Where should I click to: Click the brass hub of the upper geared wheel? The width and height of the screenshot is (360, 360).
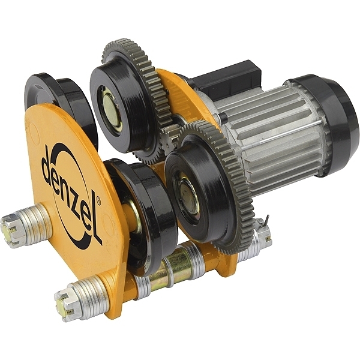pyautogui.click(x=110, y=111)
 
